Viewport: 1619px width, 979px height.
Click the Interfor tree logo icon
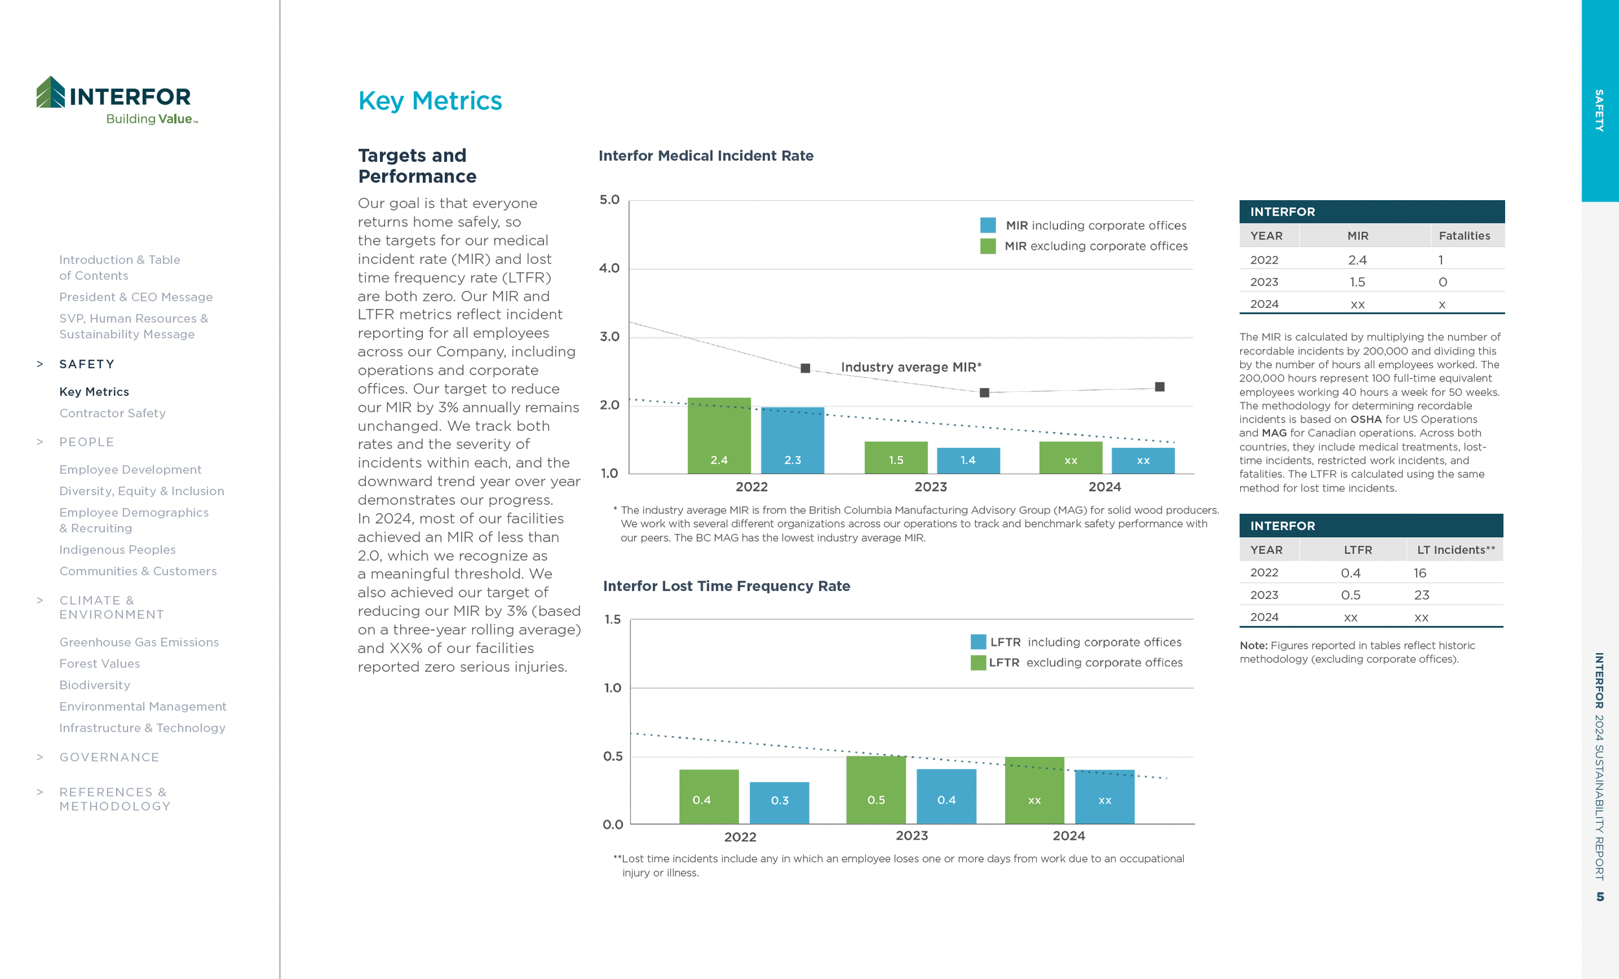point(51,92)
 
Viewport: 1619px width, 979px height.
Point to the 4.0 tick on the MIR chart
point(609,268)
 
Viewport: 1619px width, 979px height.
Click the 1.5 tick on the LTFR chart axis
point(613,619)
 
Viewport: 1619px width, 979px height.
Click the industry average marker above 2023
point(984,393)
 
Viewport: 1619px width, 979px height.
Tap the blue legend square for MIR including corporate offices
point(988,225)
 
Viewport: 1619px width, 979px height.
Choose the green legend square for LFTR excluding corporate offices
point(978,663)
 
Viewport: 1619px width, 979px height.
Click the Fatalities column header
point(1464,236)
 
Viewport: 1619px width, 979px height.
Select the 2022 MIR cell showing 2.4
point(1357,260)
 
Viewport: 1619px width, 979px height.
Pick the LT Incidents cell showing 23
point(1421,595)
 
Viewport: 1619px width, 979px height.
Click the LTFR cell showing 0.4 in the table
point(1350,573)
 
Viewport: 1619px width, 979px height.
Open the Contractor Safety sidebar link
point(112,413)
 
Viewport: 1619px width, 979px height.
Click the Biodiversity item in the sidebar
point(95,685)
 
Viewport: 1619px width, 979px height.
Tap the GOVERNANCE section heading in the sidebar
point(109,757)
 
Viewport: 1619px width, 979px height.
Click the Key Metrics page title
point(430,101)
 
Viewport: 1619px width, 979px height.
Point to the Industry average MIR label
point(911,367)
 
